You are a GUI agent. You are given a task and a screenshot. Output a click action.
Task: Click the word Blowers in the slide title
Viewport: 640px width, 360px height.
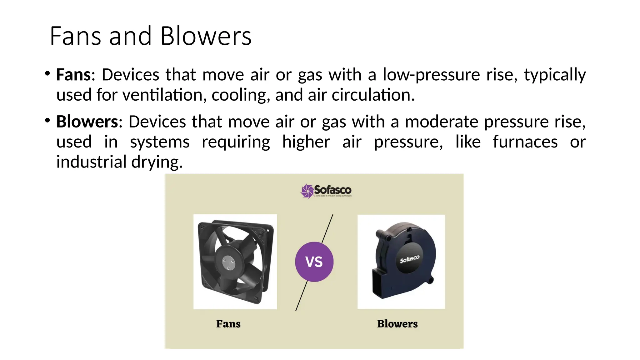(x=206, y=36)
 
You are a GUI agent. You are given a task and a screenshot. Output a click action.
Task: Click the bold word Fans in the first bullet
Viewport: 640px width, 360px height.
(x=74, y=75)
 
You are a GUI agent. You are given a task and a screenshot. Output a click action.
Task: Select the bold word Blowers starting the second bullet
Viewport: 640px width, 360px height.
(x=87, y=122)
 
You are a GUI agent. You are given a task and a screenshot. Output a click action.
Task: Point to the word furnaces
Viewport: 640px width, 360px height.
(x=525, y=142)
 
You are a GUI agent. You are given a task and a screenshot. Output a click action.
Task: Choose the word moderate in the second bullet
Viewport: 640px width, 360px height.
(x=442, y=122)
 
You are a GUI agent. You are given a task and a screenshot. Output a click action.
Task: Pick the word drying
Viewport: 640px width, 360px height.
(x=157, y=162)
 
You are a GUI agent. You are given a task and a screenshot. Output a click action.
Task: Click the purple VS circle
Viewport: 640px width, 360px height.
(x=314, y=262)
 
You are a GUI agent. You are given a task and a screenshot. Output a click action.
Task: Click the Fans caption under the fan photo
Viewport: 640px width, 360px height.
(x=228, y=324)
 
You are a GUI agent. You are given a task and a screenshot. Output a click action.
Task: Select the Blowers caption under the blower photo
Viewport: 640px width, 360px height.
(x=397, y=324)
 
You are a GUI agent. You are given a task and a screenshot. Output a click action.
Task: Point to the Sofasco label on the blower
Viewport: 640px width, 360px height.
(x=410, y=259)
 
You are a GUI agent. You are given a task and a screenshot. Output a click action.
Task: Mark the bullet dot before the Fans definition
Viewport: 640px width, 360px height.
(x=47, y=74)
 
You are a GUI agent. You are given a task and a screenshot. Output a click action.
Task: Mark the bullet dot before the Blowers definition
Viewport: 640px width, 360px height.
(x=47, y=121)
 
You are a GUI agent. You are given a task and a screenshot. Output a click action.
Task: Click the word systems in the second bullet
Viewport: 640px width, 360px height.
(x=160, y=142)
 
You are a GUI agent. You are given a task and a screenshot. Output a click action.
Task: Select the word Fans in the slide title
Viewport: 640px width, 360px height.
(x=75, y=36)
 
